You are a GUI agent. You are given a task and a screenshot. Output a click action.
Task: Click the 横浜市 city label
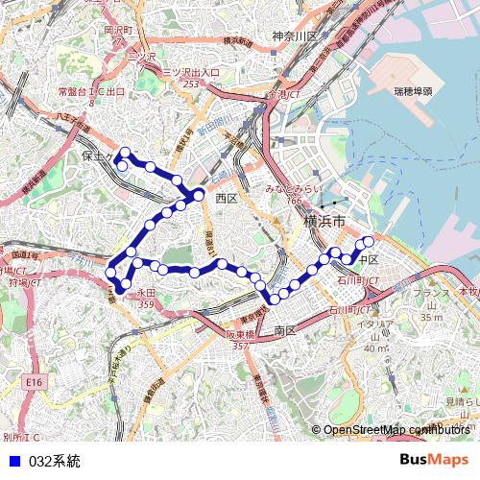pos(324,223)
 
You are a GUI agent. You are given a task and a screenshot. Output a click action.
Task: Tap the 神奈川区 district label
pos(294,36)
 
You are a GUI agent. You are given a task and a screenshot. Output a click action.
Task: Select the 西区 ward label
pos(226,198)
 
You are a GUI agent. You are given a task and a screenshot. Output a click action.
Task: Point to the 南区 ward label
pos(285,330)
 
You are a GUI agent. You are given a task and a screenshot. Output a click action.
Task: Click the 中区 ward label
pos(369,260)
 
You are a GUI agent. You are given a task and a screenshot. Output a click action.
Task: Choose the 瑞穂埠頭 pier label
pos(413,91)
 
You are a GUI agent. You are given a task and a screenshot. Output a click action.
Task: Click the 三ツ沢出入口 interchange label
pos(191,73)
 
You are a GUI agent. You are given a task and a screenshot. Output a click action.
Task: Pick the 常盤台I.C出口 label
pos(91,91)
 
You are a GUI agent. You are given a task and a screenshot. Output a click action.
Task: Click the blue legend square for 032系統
pos(13,461)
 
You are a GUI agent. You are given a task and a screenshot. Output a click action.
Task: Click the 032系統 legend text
pos(55,461)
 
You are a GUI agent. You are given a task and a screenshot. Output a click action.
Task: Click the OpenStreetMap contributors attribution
pos(394,430)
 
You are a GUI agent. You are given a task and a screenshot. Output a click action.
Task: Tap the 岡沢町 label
pos(115,30)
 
